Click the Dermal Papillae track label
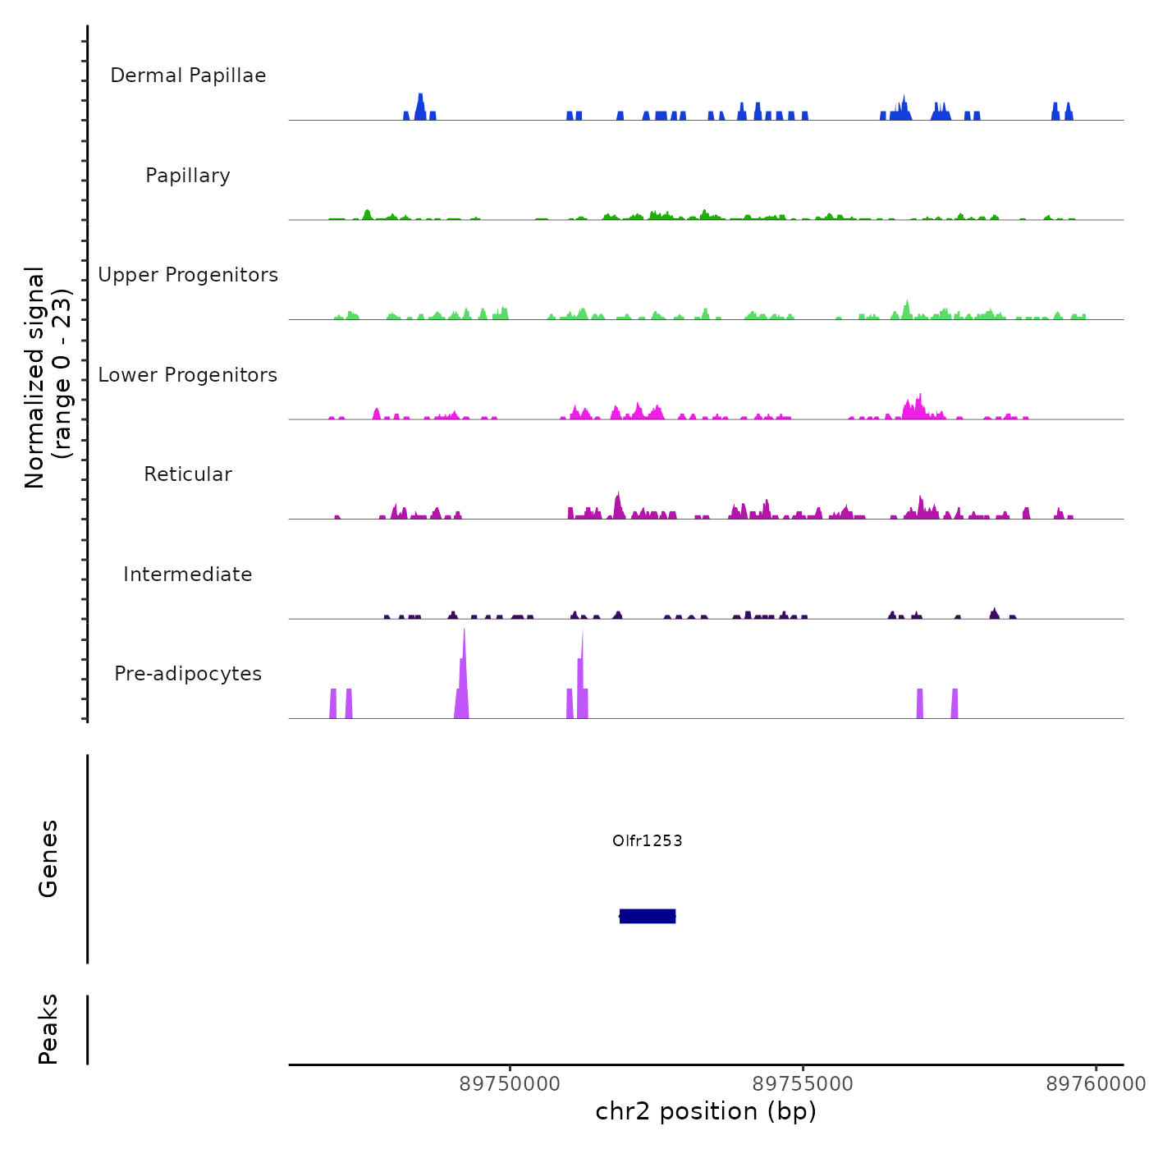point(188,76)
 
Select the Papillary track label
point(188,176)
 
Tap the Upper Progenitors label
point(188,275)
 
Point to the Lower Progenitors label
point(188,375)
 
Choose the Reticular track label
point(188,474)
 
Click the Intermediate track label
point(188,574)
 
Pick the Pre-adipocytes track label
point(188,674)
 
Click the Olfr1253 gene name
point(648,840)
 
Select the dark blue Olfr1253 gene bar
point(648,916)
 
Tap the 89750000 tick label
point(510,1084)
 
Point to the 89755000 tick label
point(803,1084)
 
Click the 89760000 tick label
point(1096,1084)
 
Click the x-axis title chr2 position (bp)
point(706,1111)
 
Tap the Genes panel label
point(48,858)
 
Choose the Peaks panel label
point(48,1029)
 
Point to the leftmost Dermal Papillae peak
point(406,116)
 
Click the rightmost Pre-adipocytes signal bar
point(954,704)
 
